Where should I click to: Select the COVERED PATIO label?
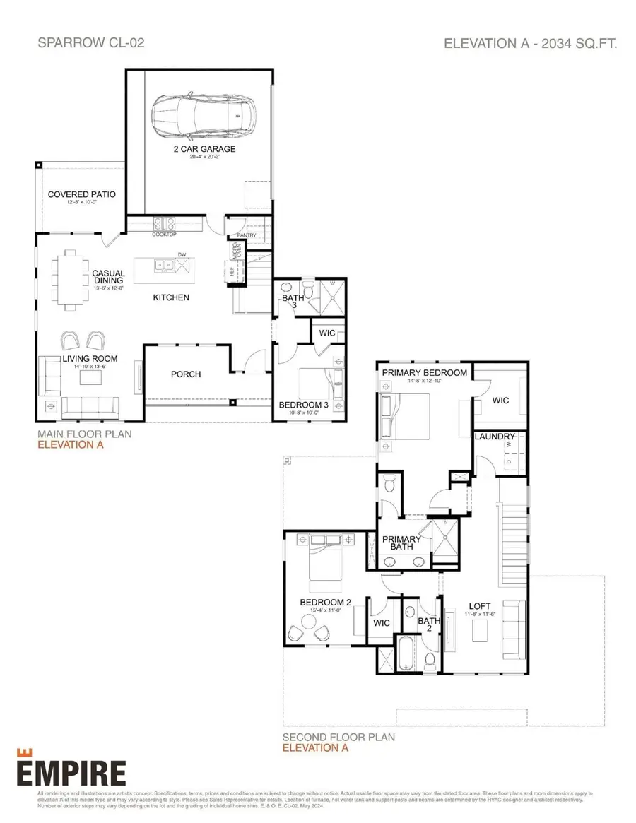pyautogui.click(x=81, y=194)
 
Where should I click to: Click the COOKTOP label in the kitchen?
pyautogui.click(x=164, y=234)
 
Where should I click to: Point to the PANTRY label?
pyautogui.click(x=246, y=235)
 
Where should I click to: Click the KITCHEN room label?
pyautogui.click(x=171, y=297)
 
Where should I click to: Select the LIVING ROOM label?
pyautogui.click(x=89, y=359)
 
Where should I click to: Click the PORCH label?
pyautogui.click(x=186, y=374)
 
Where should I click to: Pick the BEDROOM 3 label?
pyautogui.click(x=304, y=405)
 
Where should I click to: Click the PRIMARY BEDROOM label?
pyautogui.click(x=424, y=372)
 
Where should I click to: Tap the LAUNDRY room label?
pyautogui.click(x=495, y=437)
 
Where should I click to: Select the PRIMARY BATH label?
pyautogui.click(x=401, y=543)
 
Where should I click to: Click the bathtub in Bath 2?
pyautogui.click(x=406, y=654)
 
